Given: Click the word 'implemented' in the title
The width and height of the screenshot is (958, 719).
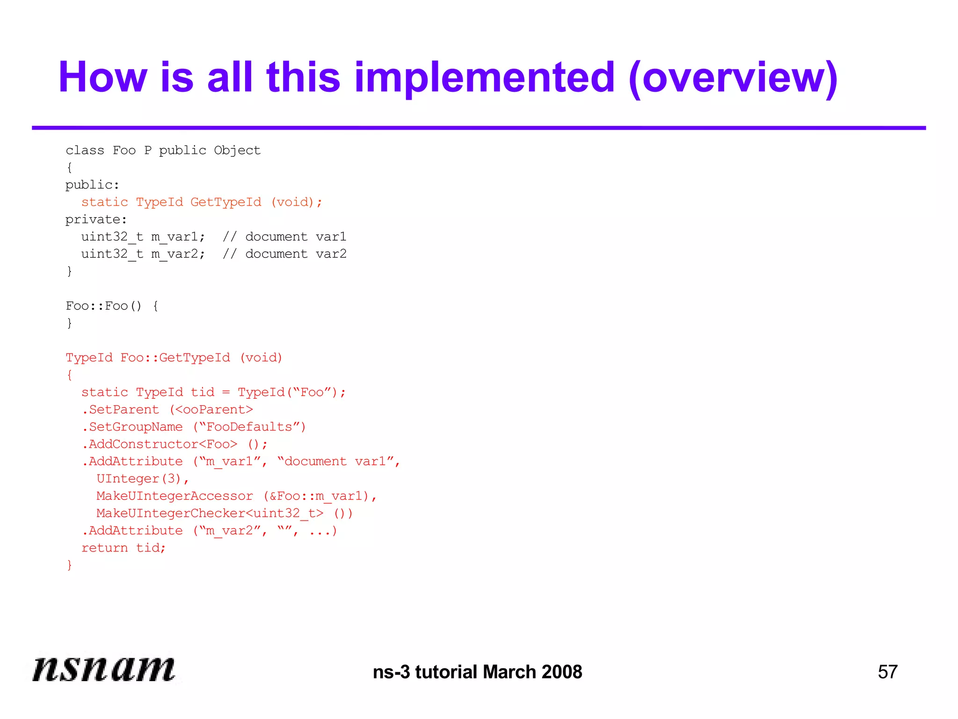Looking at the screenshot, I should tap(484, 77).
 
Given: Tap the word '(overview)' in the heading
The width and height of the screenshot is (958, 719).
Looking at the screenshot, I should tap(733, 78).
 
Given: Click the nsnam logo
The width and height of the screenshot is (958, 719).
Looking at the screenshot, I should tap(104, 668).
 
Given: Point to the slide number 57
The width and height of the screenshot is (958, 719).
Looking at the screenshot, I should tap(887, 672).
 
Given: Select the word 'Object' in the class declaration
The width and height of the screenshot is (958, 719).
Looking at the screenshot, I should tap(237, 150).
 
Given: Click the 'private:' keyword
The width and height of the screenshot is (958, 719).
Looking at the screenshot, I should tap(96, 220).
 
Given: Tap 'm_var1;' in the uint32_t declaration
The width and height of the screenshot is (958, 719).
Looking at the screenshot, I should tap(178, 237).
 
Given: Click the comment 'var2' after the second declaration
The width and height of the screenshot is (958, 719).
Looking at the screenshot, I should tap(331, 254).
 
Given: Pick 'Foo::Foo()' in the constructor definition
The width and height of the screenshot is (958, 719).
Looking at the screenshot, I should tap(103, 306).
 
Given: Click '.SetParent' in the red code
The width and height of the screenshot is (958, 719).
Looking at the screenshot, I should tap(120, 410).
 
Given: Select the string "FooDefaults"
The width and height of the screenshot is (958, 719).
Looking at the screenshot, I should tap(249, 427).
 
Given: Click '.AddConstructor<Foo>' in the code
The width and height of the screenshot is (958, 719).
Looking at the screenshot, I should tap(160, 444).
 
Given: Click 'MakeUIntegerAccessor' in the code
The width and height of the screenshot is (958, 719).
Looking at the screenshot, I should tap(174, 496).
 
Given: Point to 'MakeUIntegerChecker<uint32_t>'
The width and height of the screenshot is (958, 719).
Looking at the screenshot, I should tap(210, 514).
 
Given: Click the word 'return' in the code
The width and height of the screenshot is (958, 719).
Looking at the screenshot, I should tap(104, 548).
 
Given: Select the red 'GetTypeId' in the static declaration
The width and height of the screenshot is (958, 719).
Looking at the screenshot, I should tap(226, 202).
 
